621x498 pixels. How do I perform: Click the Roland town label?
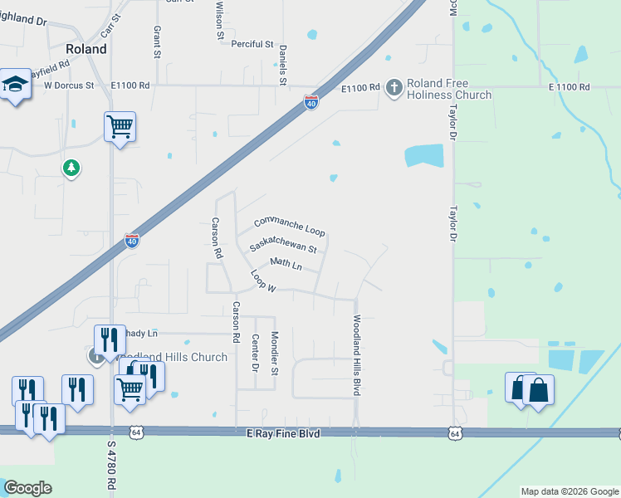[x=86, y=49]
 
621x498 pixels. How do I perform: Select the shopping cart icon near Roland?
[x=120, y=128]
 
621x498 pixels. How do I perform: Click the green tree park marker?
[x=72, y=168]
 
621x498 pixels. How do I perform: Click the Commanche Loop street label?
[x=289, y=226]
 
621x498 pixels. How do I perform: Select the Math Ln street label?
[x=286, y=264]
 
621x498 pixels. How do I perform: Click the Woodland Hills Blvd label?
[x=357, y=354]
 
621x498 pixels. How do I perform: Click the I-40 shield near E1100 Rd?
[x=310, y=103]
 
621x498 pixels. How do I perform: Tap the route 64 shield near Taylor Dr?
[x=454, y=433]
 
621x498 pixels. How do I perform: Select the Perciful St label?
[x=252, y=44]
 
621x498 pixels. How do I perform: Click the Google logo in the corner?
[x=27, y=488]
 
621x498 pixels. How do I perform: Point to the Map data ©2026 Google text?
[x=570, y=491]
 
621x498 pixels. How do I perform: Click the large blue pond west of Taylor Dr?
[x=423, y=155]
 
